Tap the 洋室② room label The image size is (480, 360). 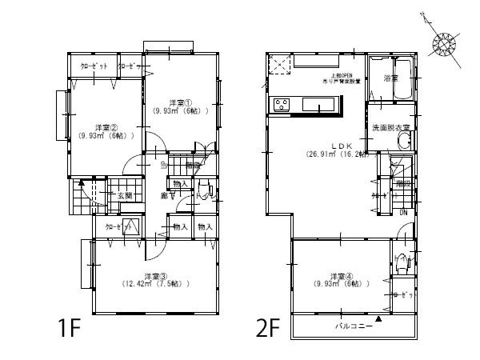coord(106,127)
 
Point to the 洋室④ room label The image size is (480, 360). coord(330,277)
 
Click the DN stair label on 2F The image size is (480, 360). coord(405,212)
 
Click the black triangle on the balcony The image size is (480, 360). coord(379,319)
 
